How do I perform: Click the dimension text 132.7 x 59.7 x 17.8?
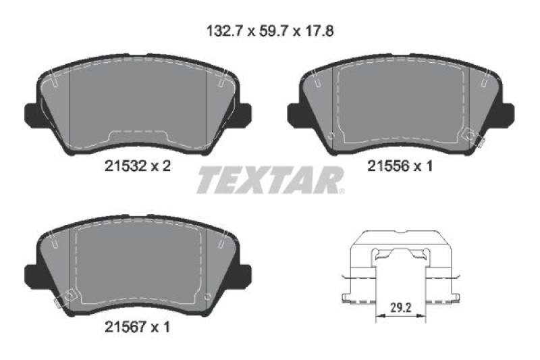pyautogui.click(x=269, y=30)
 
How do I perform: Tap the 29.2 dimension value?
pyautogui.click(x=401, y=307)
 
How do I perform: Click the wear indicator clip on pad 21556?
pyautogui.click(x=480, y=143)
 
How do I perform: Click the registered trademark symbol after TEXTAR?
pyautogui.click(x=342, y=191)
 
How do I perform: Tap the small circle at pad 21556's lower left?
pyautogui.click(x=330, y=136)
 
